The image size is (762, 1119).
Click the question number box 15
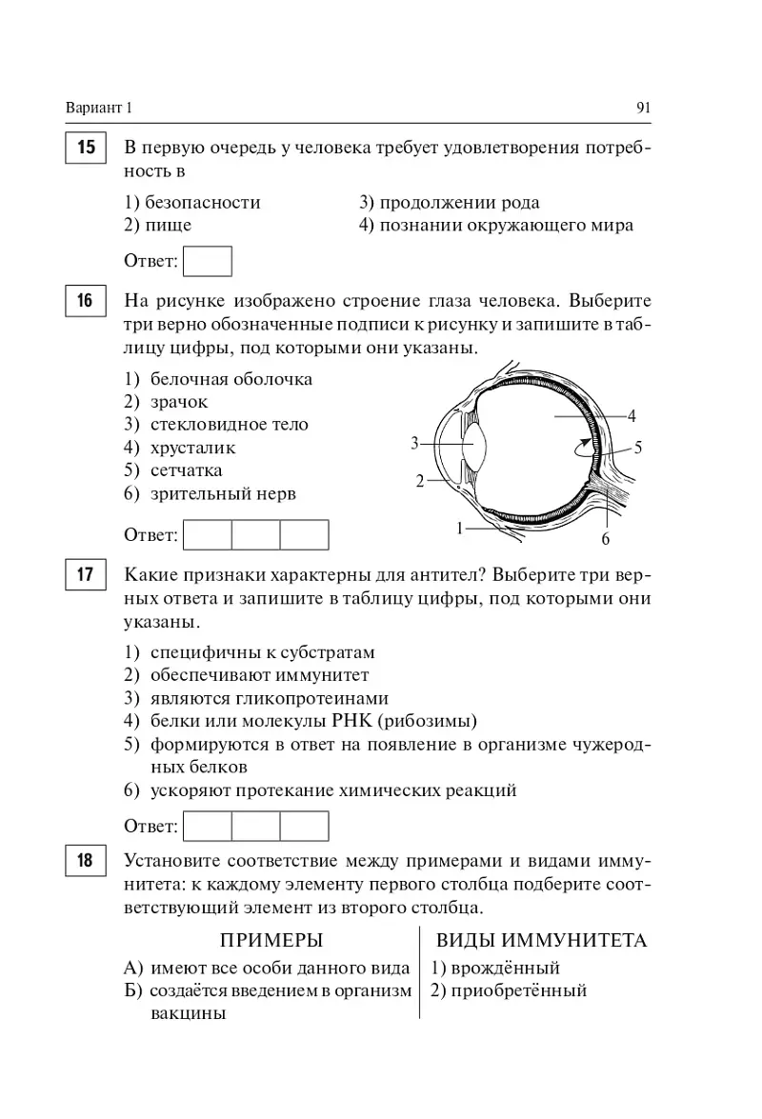(85, 149)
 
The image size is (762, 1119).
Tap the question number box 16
(85, 301)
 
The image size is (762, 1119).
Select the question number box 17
(85, 576)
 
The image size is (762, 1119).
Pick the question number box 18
(85, 861)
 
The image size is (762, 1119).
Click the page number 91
(643, 108)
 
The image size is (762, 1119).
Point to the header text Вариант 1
(99, 108)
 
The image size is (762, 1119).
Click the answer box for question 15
(207, 261)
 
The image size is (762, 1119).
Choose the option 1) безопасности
(192, 203)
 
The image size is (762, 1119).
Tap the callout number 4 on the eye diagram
(632, 416)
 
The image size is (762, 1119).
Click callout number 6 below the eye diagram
(605, 540)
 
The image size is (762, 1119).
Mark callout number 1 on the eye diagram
(459, 527)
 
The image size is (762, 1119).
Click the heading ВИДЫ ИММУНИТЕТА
(541, 941)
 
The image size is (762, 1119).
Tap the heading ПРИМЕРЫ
(271, 941)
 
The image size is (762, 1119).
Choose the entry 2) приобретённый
(508, 990)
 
